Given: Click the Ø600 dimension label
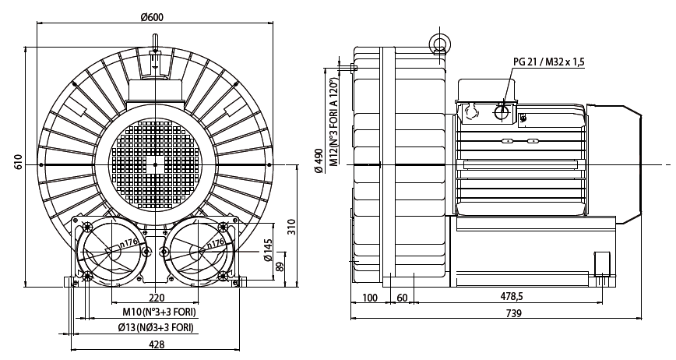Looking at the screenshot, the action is pyautogui.click(x=152, y=17).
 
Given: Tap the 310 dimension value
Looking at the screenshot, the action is pyautogui.click(x=292, y=227).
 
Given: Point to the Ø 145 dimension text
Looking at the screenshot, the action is pyautogui.click(x=267, y=250).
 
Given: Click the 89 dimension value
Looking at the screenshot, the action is pyautogui.click(x=280, y=266).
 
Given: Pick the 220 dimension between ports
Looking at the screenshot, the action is pyautogui.click(x=157, y=298).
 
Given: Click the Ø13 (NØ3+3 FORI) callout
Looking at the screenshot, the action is pyautogui.click(x=156, y=327).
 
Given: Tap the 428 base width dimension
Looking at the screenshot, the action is pyautogui.click(x=156, y=344).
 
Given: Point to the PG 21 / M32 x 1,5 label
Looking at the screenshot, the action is pyautogui.click(x=549, y=62).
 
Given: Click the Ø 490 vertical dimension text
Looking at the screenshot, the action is pyautogui.click(x=319, y=161).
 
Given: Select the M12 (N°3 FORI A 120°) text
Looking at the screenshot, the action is pyautogui.click(x=334, y=122).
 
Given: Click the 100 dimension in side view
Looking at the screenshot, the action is pyautogui.click(x=370, y=298).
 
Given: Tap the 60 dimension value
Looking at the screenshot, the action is pyautogui.click(x=402, y=298).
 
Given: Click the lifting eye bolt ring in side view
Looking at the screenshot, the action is pyautogui.click(x=439, y=42).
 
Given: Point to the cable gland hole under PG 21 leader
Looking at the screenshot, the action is pyautogui.click(x=502, y=112).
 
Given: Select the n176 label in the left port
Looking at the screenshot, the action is pyautogui.click(x=129, y=244).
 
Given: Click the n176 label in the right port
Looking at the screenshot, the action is pyautogui.click(x=216, y=244).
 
